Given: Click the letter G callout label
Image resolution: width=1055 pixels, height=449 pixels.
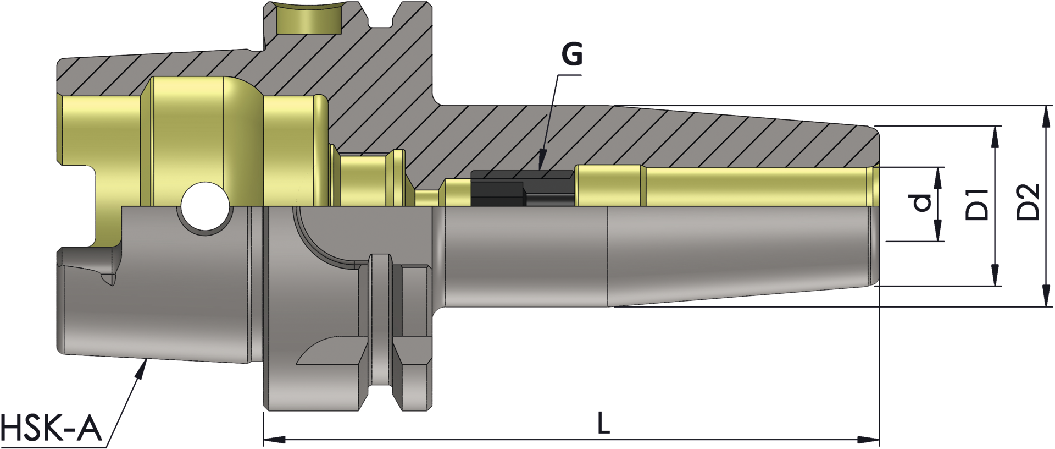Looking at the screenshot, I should pos(571,54).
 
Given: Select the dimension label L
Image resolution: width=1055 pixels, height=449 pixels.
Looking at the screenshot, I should pos(603,424).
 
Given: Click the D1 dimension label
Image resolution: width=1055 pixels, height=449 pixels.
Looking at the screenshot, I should pos(976,204).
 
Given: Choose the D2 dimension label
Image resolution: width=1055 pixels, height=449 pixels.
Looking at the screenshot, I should pos(1028,202).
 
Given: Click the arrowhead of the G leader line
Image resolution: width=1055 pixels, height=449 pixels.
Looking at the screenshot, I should pos(542,160).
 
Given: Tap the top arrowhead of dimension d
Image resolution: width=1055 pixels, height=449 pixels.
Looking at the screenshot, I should pos(937,176).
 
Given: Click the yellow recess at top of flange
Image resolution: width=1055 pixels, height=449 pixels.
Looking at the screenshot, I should pos(308,20).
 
